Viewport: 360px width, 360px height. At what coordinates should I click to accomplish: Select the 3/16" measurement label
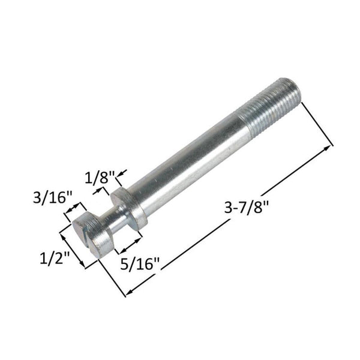(x=52, y=197)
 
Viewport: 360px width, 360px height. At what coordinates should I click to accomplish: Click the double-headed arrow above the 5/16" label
(x=129, y=243)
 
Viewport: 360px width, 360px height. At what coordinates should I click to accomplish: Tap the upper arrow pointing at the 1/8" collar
(x=120, y=176)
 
